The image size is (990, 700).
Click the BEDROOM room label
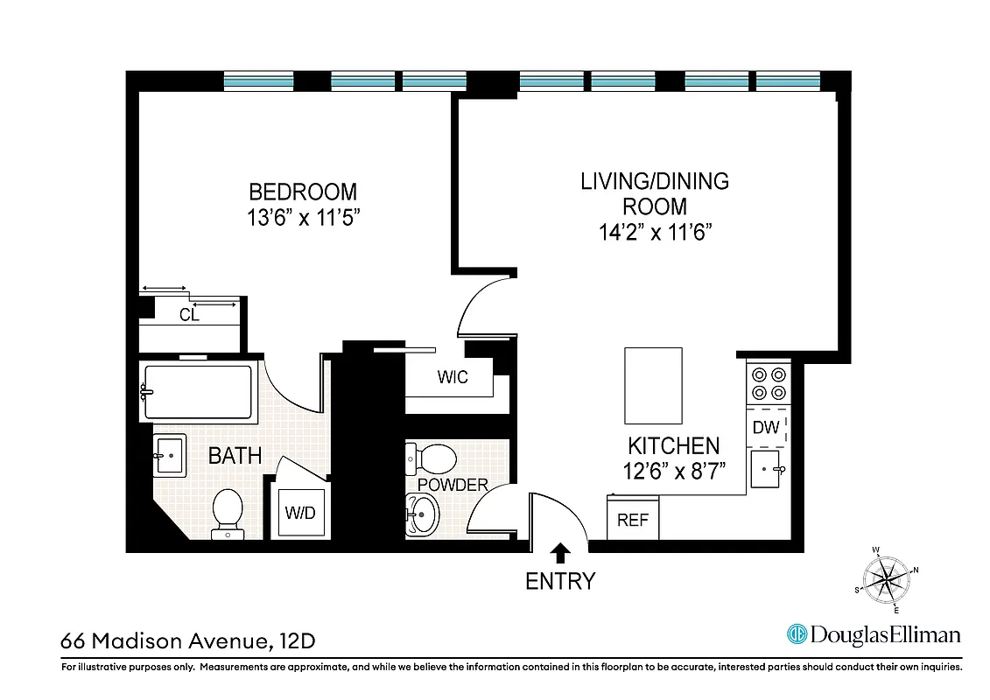[x=303, y=192]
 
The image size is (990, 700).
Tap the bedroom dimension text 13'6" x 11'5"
[x=303, y=218]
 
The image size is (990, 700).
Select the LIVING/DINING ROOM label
[x=655, y=193]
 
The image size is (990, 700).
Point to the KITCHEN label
[x=673, y=445]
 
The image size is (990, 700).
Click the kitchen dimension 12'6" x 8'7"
[x=673, y=472]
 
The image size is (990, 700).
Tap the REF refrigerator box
[x=633, y=519]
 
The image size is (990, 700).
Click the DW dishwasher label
[x=766, y=428]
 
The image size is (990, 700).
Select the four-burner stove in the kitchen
[x=768, y=382]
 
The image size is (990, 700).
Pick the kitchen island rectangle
[x=652, y=385]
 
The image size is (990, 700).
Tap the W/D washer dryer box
[x=299, y=513]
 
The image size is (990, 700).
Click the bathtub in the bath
[x=198, y=393]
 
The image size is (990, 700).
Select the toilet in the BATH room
[x=228, y=510]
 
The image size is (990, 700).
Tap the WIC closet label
[x=453, y=377]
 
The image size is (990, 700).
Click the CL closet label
[x=189, y=315]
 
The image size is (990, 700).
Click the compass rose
[x=887, y=578]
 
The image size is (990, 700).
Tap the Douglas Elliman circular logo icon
[x=797, y=634]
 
